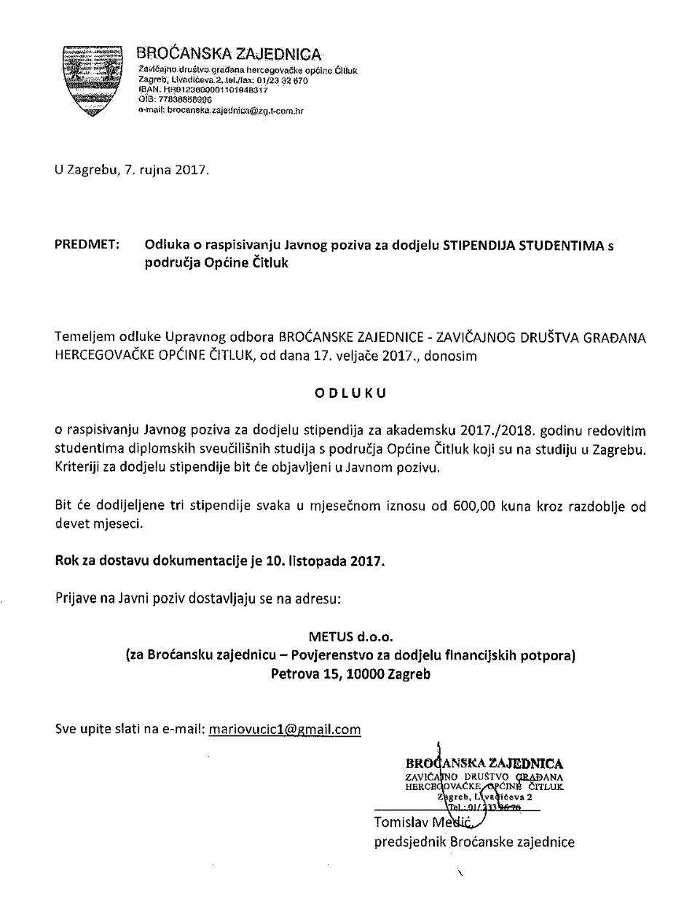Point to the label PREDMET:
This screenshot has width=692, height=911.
pyautogui.click(x=87, y=246)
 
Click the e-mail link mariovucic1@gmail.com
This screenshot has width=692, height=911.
pyautogui.click(x=285, y=729)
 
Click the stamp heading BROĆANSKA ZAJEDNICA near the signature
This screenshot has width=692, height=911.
pyautogui.click(x=484, y=763)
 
